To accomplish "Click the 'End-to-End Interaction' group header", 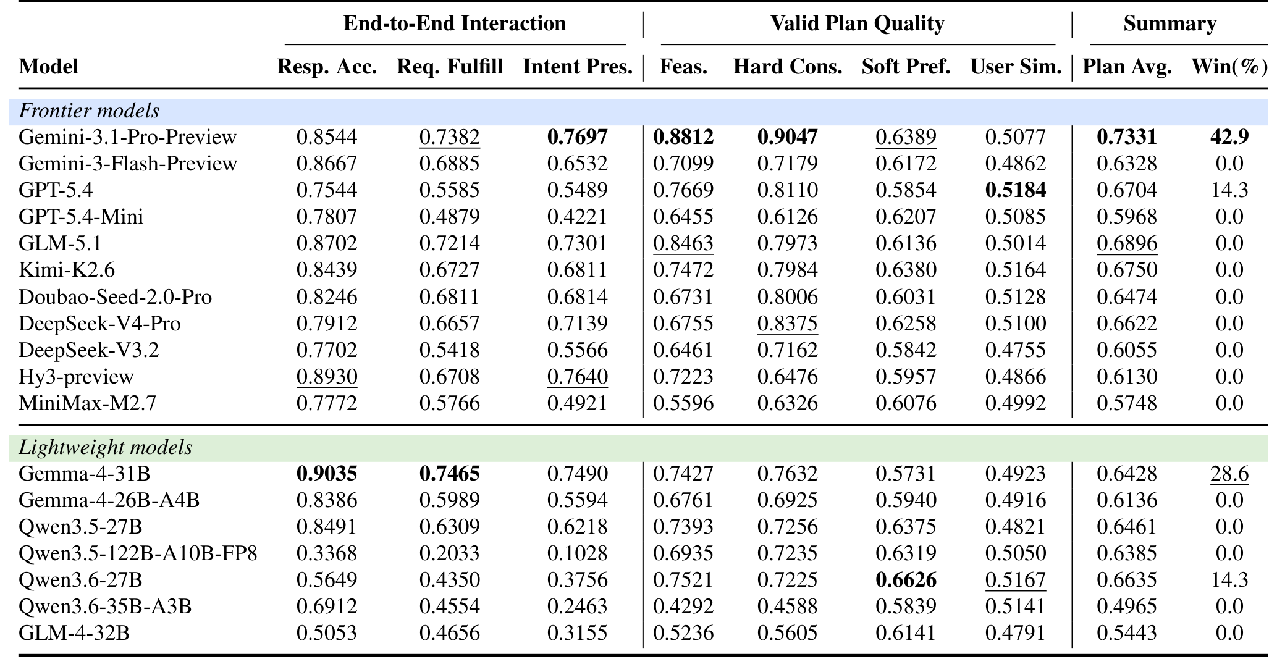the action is (x=455, y=23).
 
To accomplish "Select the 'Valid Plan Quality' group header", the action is (x=858, y=23).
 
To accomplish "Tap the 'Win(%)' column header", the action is (x=1229, y=67).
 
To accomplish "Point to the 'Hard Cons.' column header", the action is (x=788, y=67).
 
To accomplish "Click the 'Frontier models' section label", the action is (x=89, y=111).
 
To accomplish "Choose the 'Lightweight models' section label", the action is (x=106, y=447).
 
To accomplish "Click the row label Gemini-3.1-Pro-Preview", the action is (x=128, y=137).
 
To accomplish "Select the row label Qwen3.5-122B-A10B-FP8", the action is (x=138, y=553).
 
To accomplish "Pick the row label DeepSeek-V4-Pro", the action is (x=100, y=324).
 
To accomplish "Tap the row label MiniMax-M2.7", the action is (x=88, y=403).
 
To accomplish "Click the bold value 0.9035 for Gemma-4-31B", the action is (x=327, y=474).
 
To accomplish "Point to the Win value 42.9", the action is (x=1229, y=137).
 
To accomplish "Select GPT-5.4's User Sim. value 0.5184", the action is (x=1016, y=190).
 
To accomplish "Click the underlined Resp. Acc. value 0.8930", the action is (x=327, y=377).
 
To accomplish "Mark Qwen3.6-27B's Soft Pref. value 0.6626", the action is (x=906, y=580).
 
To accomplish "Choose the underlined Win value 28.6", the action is (x=1229, y=474).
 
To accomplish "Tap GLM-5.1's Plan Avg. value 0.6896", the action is (x=1127, y=243).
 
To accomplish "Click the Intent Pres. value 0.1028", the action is (x=578, y=553).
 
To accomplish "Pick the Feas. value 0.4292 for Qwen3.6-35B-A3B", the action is (x=683, y=607).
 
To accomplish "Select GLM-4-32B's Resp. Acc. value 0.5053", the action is (x=327, y=633).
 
